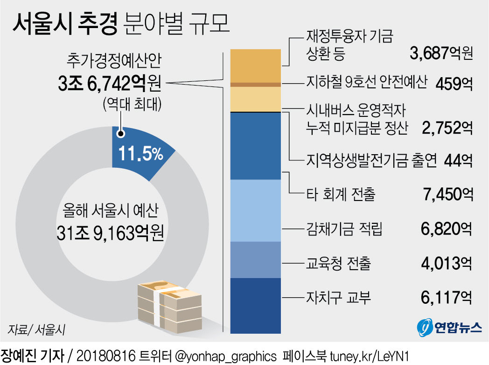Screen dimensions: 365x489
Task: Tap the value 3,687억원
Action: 441,53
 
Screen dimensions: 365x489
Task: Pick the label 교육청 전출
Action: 338,264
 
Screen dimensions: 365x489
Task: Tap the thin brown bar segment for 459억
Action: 256,84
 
